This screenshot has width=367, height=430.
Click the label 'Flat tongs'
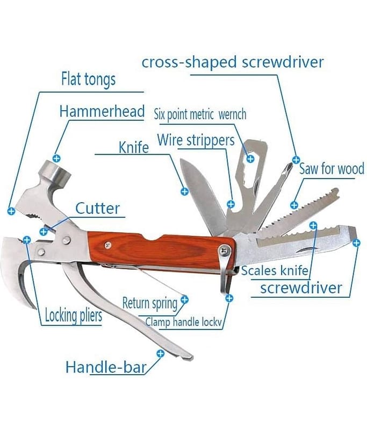[88, 80]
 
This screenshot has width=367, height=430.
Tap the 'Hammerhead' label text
[102, 112]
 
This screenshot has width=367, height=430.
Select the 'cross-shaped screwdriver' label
[233, 62]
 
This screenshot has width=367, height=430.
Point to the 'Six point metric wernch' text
[200, 114]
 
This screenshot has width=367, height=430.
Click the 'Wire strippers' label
[196, 140]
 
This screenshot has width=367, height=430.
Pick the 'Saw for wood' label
[332, 169]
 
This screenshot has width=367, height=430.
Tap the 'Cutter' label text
[97, 208]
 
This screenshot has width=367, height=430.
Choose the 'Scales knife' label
[275, 270]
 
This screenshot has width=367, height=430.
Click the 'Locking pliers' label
[73, 315]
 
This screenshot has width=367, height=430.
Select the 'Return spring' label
[149, 303]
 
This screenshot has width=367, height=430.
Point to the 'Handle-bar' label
[106, 368]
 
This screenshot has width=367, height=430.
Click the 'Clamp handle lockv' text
[184, 322]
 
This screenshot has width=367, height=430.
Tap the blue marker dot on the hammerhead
[57, 159]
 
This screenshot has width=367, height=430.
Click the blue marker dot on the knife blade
[184, 191]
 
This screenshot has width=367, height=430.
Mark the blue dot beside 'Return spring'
[184, 299]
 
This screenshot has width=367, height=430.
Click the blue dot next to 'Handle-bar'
[160, 353]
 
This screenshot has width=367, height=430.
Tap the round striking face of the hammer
[56, 172]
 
